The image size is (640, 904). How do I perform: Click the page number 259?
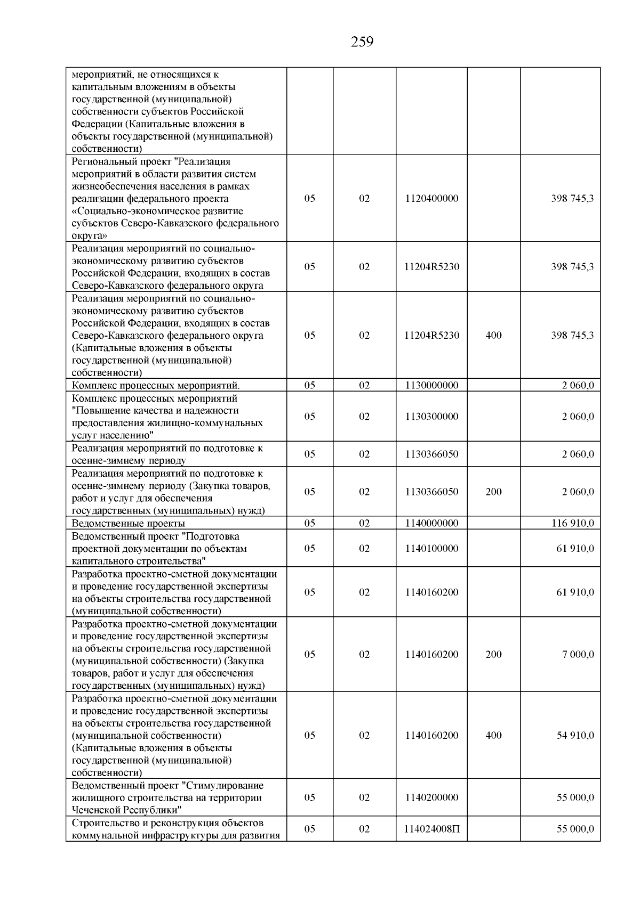coord(362,42)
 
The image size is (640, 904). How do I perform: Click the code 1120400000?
coord(431,199)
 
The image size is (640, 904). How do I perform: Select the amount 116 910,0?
coord(572,523)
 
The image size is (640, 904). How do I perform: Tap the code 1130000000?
coord(431,385)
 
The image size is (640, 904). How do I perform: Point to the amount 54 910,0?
coord(575,735)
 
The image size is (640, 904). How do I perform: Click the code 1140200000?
coord(431,797)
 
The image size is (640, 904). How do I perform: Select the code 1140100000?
coord(431,548)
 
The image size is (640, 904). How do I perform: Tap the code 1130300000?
coord(431,417)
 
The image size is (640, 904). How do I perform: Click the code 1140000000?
coord(431,523)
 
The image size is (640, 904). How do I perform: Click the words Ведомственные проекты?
coord(129,523)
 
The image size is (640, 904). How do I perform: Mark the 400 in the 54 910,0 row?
coord(493,735)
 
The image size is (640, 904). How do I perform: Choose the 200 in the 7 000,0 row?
coord(493,655)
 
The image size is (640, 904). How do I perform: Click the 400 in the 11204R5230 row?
coord(493,336)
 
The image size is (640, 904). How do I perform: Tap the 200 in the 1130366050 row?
coord(493,492)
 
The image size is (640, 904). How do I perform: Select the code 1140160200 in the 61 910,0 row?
coord(431,592)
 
